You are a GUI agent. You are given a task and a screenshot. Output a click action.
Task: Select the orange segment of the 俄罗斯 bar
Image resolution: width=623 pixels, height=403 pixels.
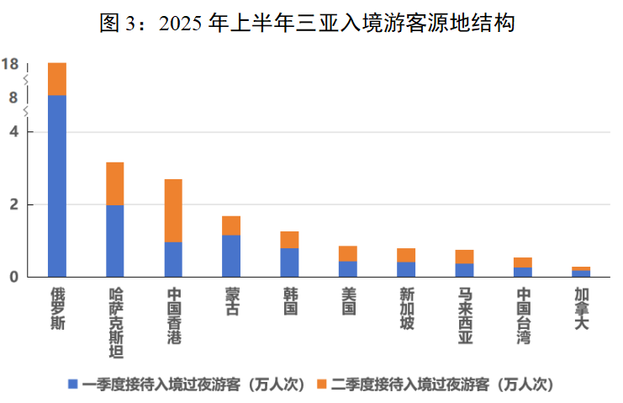tap(57, 79)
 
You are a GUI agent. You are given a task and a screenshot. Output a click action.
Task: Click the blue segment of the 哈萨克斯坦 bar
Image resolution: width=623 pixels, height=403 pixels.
tap(115, 241)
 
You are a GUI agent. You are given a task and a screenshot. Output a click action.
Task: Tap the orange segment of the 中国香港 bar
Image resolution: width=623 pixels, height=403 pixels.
tap(173, 210)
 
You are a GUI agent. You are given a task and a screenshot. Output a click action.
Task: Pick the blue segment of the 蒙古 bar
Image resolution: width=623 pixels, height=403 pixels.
tap(231, 256)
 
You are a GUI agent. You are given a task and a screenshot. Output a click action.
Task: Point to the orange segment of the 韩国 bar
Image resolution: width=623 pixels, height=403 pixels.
tap(289, 240)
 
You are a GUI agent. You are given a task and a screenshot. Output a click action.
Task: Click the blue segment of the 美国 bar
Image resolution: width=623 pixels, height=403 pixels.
tap(347, 269)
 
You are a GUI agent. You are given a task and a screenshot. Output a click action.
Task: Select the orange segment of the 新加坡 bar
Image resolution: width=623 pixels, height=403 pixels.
tap(406, 255)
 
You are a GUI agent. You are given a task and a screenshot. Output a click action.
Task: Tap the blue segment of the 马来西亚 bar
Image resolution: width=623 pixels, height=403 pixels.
tap(464, 270)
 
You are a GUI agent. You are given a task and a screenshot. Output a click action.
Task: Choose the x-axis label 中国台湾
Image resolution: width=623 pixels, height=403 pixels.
tap(523, 316)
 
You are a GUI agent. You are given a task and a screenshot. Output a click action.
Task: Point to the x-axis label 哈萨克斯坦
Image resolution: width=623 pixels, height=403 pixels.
tap(115, 323)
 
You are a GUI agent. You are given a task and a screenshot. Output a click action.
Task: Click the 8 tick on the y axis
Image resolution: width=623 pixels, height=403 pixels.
tap(13, 98)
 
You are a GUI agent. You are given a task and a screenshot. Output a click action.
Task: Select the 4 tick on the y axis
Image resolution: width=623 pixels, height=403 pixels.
tap(13, 132)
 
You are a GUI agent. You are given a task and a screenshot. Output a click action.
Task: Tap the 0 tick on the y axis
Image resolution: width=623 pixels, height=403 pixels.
tap(13, 277)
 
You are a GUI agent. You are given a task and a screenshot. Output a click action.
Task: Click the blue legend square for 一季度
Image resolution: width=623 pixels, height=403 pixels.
tap(73, 384)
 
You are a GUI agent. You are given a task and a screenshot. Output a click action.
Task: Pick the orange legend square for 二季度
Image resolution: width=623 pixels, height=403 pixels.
tap(321, 384)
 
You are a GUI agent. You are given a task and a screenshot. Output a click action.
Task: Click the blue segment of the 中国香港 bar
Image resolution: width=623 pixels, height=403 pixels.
tap(173, 259)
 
